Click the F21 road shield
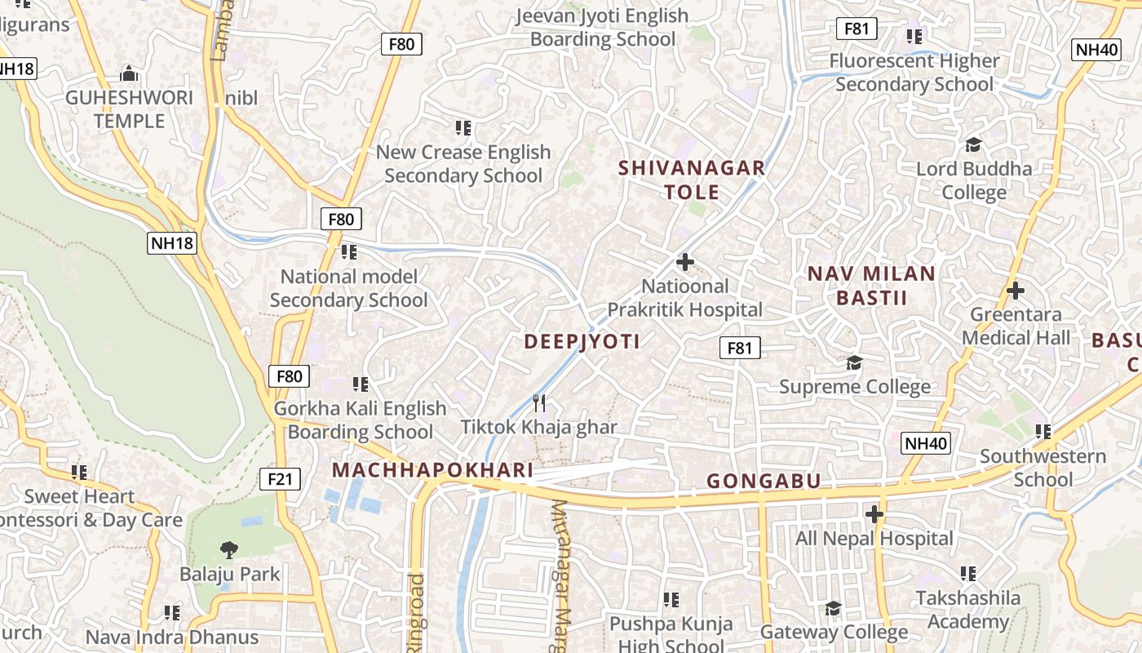click(x=279, y=478)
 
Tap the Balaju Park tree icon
click(x=228, y=549)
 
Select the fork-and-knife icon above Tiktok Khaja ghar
click(x=539, y=402)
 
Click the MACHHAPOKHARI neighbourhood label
click(x=432, y=470)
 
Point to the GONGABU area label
click(x=764, y=481)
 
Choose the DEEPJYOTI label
click(x=582, y=341)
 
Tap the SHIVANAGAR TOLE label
click(x=692, y=180)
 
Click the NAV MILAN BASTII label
click(x=871, y=285)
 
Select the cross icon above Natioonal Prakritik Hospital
click(x=685, y=262)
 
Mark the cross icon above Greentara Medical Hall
click(x=1016, y=290)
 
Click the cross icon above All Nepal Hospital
click(x=874, y=514)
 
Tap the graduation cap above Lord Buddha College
click(x=973, y=144)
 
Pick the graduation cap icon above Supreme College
click(x=854, y=362)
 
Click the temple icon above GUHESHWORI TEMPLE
click(x=129, y=73)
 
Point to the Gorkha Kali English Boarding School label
click(x=360, y=420)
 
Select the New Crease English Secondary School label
click(x=463, y=163)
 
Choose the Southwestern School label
click(x=1042, y=468)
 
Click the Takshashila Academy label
click(x=967, y=610)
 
